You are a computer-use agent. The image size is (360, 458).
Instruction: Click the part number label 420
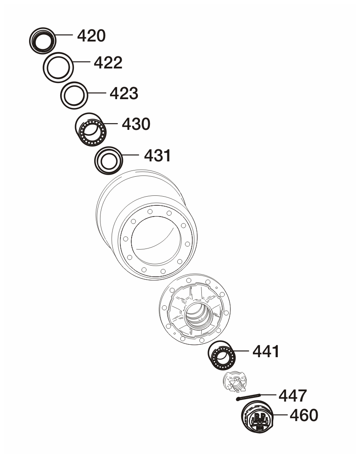91,36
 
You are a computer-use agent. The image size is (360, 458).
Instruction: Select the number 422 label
108,63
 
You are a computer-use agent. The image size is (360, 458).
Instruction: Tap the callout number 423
124,93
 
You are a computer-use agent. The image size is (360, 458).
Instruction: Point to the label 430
136,124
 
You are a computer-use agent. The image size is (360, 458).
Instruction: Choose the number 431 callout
158,156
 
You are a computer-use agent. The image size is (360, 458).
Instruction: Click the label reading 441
266,351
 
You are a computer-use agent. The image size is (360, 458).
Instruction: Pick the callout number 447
293,396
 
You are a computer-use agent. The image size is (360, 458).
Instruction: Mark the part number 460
304,415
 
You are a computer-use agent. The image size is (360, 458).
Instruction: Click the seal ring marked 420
43,41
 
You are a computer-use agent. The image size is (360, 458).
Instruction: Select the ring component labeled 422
58,68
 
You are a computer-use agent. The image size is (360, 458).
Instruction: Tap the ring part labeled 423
74,95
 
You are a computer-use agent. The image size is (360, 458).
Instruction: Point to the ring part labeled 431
108,161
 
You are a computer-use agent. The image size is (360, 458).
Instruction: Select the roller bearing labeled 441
222,356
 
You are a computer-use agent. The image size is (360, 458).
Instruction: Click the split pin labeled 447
248,397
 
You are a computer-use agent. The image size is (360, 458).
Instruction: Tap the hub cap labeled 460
257,417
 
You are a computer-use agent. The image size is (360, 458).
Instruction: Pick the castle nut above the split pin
235,382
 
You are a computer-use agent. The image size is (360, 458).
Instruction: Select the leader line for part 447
268,395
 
